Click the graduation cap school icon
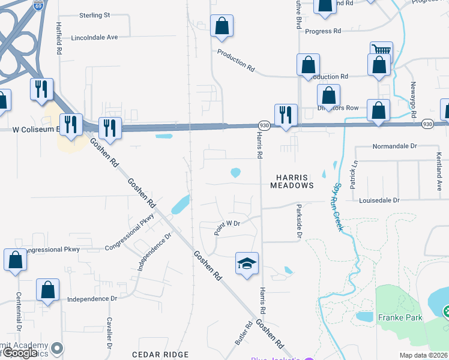click(x=247, y=263)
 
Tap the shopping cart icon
click(x=381, y=52)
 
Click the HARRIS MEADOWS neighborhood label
click(x=295, y=181)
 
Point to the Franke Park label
click(x=400, y=317)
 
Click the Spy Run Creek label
click(x=339, y=207)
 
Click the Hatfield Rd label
click(x=59, y=39)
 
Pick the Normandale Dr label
click(x=394, y=146)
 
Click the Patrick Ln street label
click(x=355, y=172)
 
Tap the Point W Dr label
click(x=228, y=227)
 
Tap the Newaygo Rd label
click(x=413, y=100)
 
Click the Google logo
click(x=20, y=353)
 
